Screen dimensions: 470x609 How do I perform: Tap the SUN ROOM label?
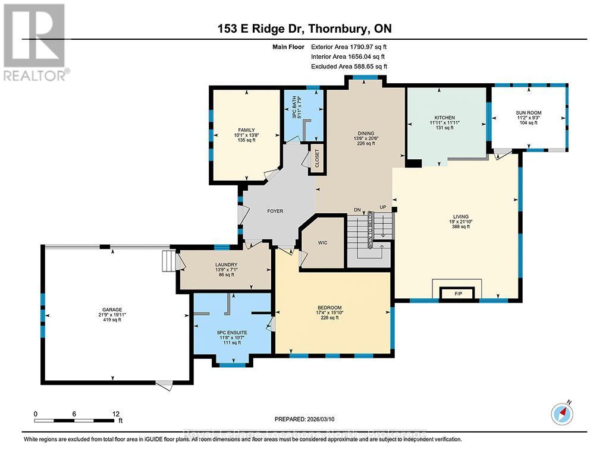528,112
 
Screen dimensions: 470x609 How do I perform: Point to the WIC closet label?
323,243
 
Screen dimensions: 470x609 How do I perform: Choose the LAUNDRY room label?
227,265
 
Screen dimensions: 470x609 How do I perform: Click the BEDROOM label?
329,307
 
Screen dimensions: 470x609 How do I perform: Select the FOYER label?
275,211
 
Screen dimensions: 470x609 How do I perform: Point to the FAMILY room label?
246,129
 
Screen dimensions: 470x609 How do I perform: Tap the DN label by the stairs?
357,210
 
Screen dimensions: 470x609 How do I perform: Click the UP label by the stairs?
383,207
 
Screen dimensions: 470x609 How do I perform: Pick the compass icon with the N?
561,412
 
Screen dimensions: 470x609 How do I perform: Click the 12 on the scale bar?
115,414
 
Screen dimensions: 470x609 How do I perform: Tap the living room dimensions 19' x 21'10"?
460,222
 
